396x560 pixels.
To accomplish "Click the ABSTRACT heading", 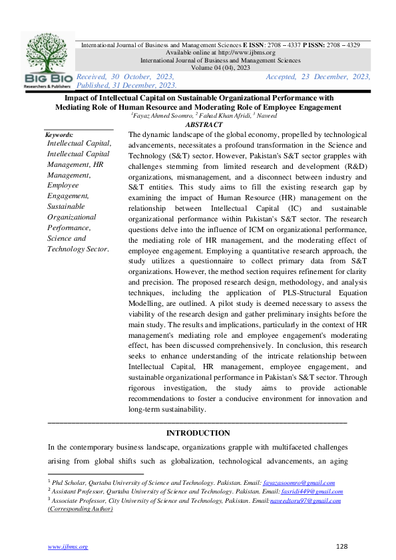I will click(x=204, y=124).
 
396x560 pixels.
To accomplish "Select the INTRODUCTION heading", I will click(x=198, y=433).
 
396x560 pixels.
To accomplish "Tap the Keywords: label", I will click(x=58, y=134).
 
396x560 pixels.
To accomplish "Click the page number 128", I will click(x=342, y=546).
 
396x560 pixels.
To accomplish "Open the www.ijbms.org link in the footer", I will click(x=68, y=546).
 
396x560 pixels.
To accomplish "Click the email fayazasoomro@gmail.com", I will click(x=299, y=483).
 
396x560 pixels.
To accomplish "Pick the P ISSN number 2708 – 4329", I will click(x=341, y=45).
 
